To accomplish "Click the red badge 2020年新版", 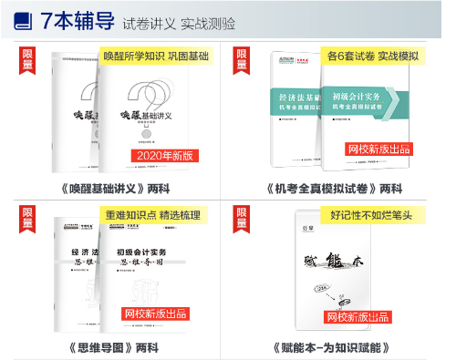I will tap(165, 156).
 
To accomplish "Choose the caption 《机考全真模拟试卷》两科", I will tap(335, 189).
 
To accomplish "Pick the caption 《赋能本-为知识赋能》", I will tap(334, 347).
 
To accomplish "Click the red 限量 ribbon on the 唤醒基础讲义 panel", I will tap(28, 59).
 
